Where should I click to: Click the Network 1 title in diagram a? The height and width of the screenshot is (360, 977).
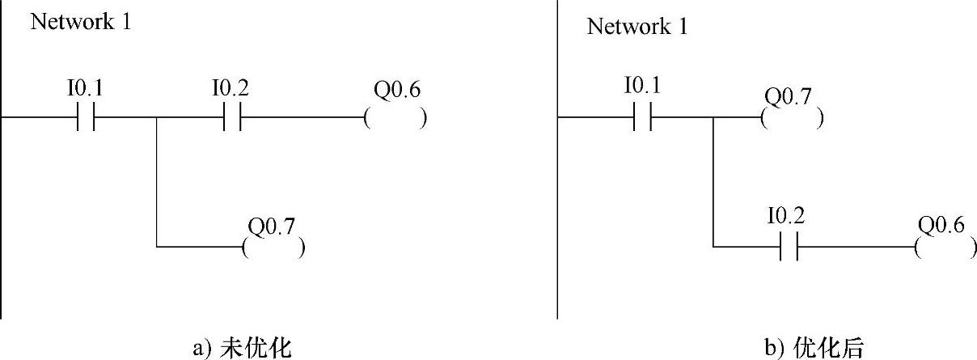click(x=80, y=22)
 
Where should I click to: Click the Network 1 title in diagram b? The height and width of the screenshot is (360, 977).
click(x=637, y=27)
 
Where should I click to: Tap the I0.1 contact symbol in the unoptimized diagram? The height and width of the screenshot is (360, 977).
click(x=87, y=116)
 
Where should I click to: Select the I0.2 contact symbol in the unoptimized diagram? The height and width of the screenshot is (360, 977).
click(x=232, y=116)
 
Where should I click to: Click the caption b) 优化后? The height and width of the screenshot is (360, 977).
click(x=814, y=348)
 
